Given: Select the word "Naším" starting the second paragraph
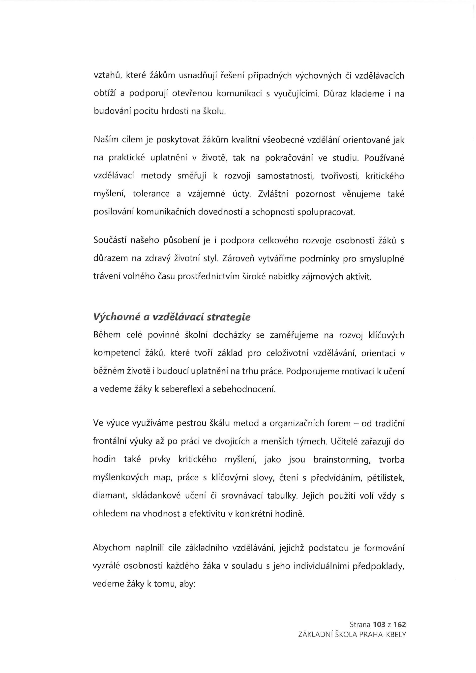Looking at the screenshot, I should pos(104,140).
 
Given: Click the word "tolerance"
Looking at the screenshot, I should pos(151,194).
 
